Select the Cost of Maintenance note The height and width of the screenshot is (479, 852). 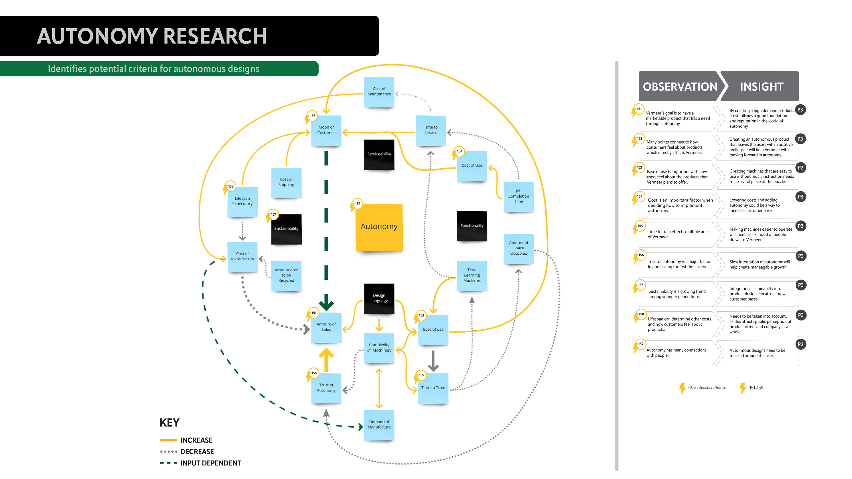point(379,92)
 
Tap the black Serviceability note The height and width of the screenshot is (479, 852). point(379,154)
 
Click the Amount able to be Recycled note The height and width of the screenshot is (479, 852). point(286,275)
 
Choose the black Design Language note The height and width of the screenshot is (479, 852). point(379,298)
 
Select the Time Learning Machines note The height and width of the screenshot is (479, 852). point(472,275)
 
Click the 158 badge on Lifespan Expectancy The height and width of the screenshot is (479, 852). point(231,186)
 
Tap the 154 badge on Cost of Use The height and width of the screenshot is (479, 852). point(460,151)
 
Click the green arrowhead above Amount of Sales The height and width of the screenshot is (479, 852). point(326,303)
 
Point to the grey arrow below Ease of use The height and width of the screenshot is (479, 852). point(433,361)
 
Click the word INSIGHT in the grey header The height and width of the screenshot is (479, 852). point(761,87)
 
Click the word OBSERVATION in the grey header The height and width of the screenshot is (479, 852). point(680,87)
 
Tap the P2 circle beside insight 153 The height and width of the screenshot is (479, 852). point(800,168)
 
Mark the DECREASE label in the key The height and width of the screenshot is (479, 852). point(197,452)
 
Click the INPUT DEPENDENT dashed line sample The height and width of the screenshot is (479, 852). point(169,463)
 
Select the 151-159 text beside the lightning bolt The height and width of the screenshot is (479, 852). point(756,388)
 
